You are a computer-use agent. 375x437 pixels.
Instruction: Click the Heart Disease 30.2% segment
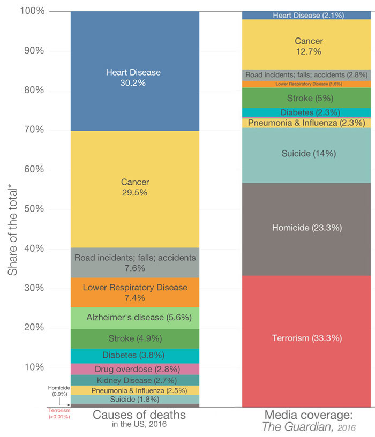point(134,78)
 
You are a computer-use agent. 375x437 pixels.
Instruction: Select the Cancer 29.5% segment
point(134,187)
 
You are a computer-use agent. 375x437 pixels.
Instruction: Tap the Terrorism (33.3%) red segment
point(306,338)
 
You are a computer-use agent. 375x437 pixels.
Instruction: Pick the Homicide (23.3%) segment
point(306,228)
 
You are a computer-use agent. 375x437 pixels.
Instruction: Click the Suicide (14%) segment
point(306,154)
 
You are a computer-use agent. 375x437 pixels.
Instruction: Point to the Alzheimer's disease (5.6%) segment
point(134,318)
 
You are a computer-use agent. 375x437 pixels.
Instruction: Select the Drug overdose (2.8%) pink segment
point(134,369)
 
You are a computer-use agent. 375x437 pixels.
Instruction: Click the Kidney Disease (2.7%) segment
point(134,380)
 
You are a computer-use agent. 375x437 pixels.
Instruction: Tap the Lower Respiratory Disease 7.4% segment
point(134,292)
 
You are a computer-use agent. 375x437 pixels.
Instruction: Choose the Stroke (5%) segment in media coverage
point(306,98)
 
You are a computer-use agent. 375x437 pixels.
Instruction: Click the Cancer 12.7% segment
point(306,46)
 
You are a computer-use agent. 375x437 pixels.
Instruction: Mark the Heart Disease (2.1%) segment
point(306,16)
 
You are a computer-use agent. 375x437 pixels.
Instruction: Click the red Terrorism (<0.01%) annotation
point(59,413)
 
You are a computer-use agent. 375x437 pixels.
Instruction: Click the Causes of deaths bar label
point(139,415)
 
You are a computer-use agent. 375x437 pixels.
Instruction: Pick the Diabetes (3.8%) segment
point(134,356)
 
